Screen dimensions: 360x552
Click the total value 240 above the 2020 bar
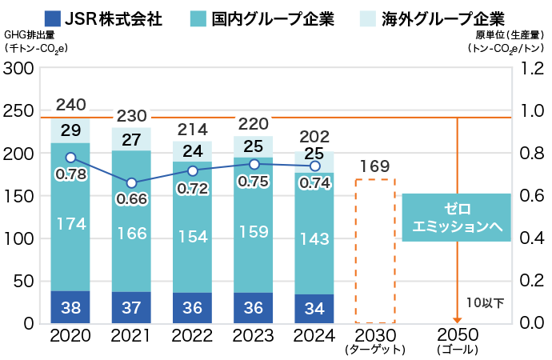70,104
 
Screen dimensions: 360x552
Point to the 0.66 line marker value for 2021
131,198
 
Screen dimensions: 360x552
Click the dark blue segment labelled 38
70,307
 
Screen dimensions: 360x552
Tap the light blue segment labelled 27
131,139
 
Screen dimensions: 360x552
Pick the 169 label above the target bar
374,166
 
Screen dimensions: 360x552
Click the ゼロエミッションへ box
456,217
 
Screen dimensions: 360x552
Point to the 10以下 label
486,302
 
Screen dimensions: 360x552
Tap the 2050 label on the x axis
457,334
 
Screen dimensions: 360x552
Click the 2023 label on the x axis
254,334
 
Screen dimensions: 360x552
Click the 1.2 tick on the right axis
533,69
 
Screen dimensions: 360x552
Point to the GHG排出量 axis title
30,35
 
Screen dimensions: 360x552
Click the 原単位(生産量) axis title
512,35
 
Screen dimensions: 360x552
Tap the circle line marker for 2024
314,166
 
